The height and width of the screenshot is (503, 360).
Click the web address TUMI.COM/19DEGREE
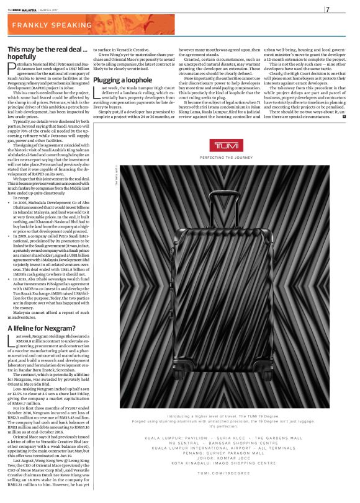(222, 490)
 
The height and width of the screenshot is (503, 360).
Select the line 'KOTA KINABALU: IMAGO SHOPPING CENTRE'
(222, 480)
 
